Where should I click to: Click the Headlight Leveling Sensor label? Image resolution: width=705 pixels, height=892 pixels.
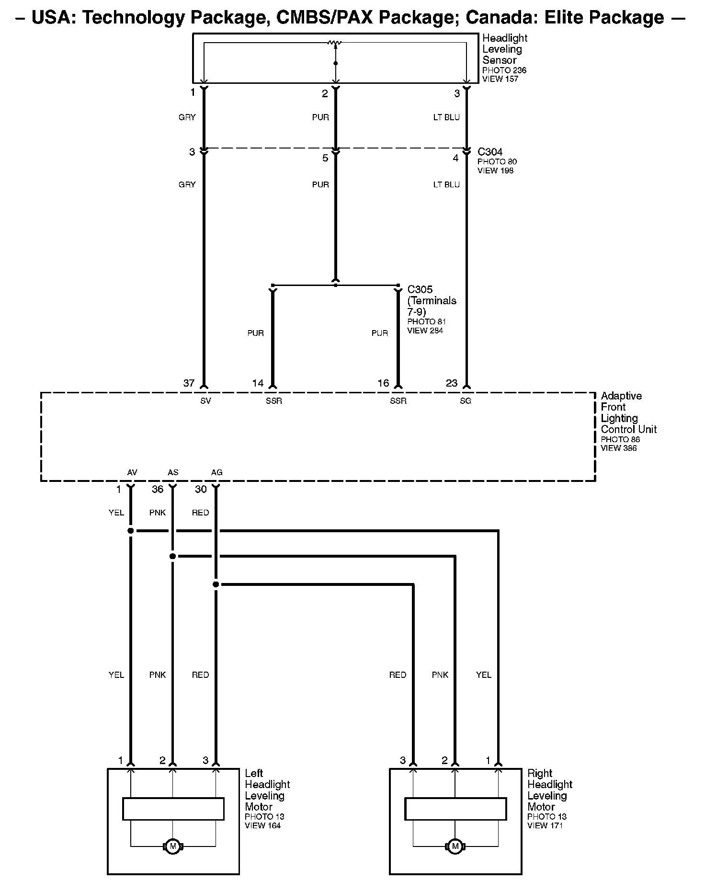504,49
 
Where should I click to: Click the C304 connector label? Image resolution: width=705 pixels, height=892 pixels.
490,152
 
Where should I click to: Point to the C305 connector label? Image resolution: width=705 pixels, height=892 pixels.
420,290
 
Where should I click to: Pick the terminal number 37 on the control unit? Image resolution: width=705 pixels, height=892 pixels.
189,383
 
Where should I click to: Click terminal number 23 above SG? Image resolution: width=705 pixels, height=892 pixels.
452,383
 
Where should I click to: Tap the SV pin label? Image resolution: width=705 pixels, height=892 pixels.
205,401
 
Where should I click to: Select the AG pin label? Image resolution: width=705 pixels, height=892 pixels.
216,472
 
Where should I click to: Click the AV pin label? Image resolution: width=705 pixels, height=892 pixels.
132,472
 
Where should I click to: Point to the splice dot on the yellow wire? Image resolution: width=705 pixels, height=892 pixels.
130,531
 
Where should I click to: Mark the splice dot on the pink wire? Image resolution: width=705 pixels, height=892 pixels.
173,556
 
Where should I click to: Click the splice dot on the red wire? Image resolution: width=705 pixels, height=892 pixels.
216,584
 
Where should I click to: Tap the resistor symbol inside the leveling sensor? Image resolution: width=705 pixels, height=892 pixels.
335,43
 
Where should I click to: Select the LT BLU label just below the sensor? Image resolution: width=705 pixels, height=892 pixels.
446,117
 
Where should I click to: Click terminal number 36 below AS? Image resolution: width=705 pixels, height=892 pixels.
158,489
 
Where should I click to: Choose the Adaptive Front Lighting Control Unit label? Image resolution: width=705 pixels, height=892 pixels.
628,412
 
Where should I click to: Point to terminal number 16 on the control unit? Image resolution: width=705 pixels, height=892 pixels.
383,383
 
